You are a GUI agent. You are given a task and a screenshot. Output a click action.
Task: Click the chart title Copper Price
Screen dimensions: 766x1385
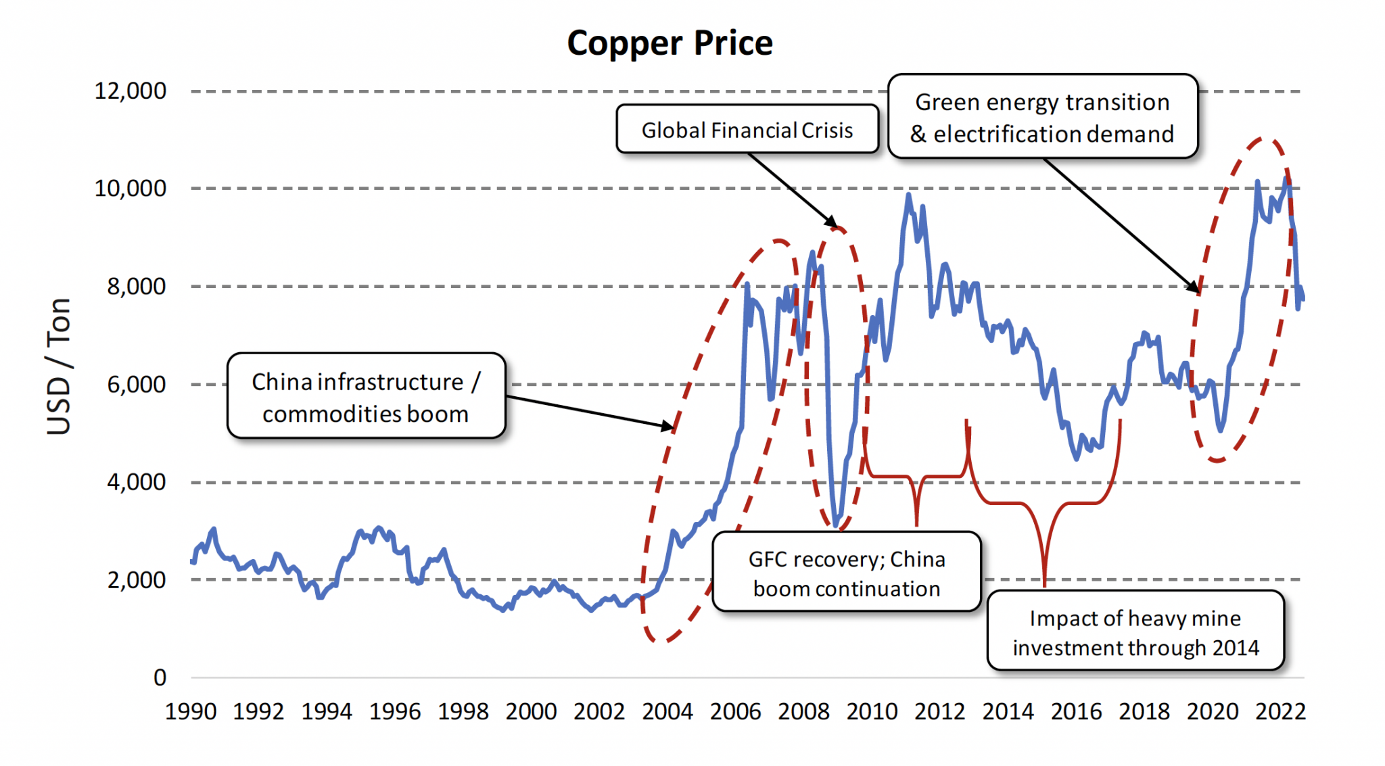(670, 43)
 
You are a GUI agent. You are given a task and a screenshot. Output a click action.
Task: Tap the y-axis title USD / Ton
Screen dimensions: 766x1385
(59, 366)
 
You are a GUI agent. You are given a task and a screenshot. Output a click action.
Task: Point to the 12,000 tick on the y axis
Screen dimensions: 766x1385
(130, 91)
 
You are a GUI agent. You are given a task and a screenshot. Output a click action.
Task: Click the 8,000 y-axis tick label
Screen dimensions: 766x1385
(136, 286)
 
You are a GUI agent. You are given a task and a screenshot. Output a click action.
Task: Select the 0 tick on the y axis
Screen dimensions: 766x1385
(160, 677)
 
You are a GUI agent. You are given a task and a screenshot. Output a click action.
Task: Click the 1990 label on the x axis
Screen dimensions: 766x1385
(191, 711)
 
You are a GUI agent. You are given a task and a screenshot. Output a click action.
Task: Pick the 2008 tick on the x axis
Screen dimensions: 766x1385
(803, 711)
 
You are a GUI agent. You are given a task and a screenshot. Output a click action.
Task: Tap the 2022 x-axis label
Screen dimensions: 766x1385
(1280, 711)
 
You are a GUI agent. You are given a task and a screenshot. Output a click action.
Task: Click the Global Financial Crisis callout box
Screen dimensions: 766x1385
(747, 129)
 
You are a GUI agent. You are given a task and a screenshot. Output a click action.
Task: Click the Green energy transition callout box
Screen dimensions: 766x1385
(1042, 117)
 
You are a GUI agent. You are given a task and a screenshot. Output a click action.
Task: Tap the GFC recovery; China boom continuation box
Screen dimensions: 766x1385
(846, 573)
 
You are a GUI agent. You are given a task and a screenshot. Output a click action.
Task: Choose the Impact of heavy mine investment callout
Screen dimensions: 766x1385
(1135, 631)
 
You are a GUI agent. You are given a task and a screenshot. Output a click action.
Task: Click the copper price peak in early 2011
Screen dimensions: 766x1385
(908, 195)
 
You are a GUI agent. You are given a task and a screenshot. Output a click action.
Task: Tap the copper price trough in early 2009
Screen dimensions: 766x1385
(837, 525)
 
